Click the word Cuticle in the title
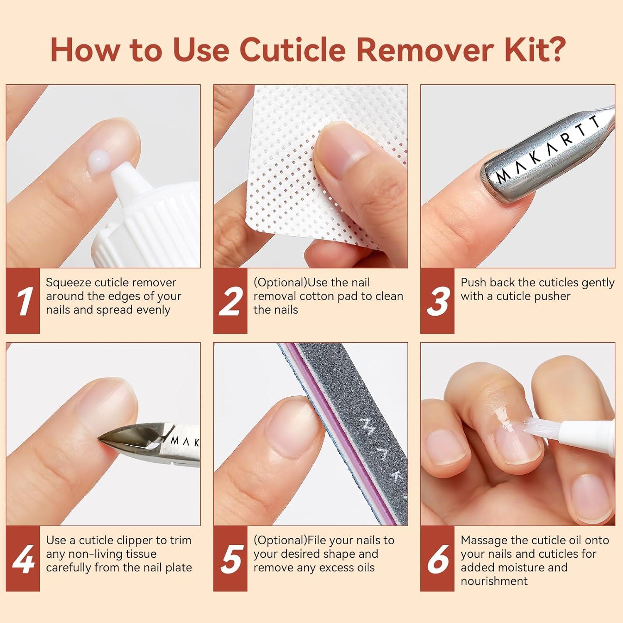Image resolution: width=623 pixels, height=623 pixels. coord(292,50)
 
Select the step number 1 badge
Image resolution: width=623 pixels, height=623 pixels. coord(23,301)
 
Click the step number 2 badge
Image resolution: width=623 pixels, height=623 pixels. coord(230,301)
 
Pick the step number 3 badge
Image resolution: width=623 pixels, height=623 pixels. coord(437,301)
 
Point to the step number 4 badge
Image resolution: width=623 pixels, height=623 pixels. coord(23,559)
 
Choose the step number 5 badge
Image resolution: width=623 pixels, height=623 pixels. coord(230,559)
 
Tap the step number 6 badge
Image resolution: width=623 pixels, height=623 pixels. coord(437,559)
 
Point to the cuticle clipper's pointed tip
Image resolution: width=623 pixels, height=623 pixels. coord(102,439)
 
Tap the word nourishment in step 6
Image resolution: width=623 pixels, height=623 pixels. coord(494,581)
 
